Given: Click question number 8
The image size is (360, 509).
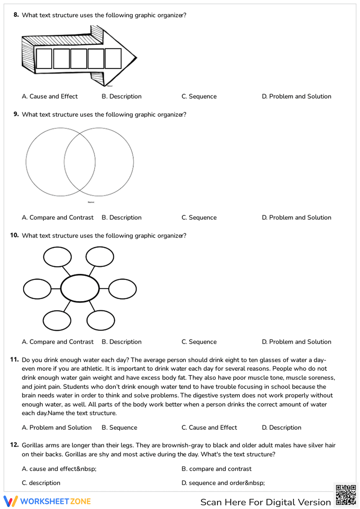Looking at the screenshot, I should point(16,15).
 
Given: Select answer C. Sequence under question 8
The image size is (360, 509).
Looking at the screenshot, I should point(199,96).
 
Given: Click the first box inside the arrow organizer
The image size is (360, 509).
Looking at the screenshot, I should point(44,59).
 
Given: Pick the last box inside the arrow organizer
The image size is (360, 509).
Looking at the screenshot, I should point(113,59).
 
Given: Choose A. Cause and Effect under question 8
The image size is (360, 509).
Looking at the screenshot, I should point(50,96).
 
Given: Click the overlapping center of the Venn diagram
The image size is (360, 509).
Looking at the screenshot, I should point(80,162).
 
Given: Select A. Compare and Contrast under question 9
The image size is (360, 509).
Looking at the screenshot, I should point(58,217).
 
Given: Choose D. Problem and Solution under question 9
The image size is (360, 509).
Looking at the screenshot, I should point(296,217).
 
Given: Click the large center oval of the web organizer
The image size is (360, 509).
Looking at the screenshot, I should point(80,288).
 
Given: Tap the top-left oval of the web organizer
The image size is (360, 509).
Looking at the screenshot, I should point(57,257).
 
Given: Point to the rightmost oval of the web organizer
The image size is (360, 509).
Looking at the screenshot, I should point(122,289).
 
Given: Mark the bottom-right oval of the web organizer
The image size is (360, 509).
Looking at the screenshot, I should point(101,320).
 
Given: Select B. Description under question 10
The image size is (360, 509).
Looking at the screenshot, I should point(121,342).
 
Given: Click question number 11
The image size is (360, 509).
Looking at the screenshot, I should point(14,359).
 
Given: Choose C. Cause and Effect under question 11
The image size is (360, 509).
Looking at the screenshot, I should point(209,427).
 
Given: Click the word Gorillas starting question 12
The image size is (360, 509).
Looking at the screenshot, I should point(33,445).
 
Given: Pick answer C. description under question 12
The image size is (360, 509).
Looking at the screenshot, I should point(41,483).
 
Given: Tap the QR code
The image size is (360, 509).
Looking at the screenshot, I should point(346,495).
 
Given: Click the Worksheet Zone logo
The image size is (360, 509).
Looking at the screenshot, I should point(47,501).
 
